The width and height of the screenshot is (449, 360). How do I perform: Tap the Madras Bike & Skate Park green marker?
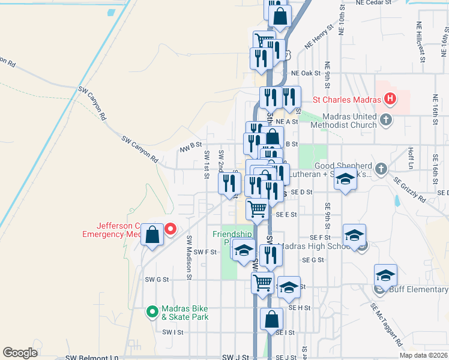click(x=152, y=311)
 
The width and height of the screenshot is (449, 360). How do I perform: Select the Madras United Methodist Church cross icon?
click(x=386, y=120)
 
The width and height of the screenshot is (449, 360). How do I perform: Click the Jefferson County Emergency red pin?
click(x=170, y=229)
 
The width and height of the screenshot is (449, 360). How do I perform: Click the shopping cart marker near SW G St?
click(x=262, y=283)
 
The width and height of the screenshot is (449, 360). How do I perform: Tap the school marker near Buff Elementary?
click(x=385, y=275)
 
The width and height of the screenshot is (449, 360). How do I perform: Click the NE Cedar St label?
click(x=373, y=3)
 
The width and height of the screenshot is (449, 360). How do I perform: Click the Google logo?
click(x=20, y=353)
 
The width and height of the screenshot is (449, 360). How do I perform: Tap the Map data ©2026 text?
click(x=423, y=355)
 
